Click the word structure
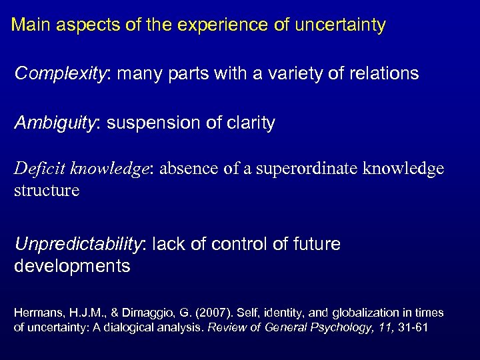coord(47,191)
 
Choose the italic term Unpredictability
coord(79,245)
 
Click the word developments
coord(72,267)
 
